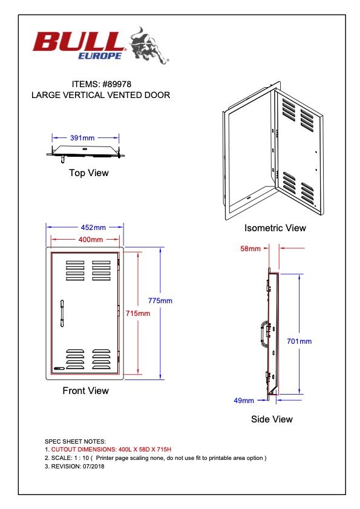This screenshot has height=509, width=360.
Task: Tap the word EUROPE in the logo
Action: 100,56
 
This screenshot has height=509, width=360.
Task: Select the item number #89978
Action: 117,84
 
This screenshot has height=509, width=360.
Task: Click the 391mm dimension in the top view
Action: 82,138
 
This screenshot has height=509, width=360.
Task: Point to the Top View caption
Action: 88,172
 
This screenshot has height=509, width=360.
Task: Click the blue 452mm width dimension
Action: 93,228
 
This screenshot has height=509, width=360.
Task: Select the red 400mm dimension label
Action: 91,240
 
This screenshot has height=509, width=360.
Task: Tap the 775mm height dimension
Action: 160,301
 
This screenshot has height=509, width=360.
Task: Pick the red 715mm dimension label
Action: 138,314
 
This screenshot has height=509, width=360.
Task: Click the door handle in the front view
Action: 62,314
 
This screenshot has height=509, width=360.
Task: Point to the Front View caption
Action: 85,390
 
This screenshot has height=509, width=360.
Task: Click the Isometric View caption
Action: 275,228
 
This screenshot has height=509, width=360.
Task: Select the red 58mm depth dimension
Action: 250,249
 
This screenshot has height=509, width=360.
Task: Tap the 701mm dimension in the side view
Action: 299,341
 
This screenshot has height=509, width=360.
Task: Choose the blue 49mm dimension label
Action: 244,401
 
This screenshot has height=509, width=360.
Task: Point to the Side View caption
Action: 272,419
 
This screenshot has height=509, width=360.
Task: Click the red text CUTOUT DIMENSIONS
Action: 83,450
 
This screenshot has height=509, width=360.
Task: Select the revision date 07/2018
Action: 94,467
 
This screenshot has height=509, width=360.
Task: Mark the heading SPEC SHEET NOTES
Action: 75,441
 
